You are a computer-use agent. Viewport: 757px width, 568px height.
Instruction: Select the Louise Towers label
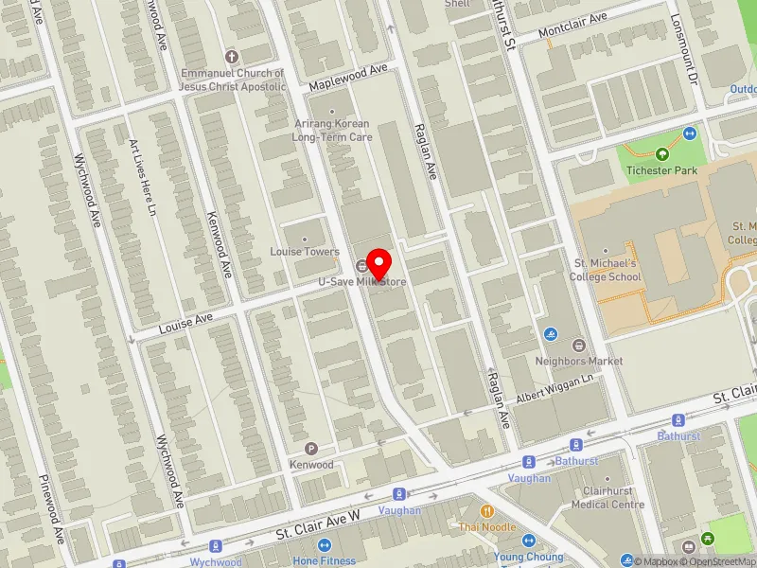(304, 252)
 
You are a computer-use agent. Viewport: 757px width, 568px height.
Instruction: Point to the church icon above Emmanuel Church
(233, 57)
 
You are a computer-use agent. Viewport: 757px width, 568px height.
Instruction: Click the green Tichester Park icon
(661, 154)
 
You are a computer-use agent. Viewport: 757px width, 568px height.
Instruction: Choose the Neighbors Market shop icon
(579, 345)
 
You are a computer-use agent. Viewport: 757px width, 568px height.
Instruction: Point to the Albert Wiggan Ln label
(554, 390)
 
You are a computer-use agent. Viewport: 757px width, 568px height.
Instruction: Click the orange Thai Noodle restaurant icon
(487, 511)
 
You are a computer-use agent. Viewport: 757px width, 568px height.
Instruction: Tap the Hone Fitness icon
(324, 545)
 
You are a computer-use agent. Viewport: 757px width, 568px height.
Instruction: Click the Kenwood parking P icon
(311, 449)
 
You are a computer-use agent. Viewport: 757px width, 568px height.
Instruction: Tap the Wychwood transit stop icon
(216, 546)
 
